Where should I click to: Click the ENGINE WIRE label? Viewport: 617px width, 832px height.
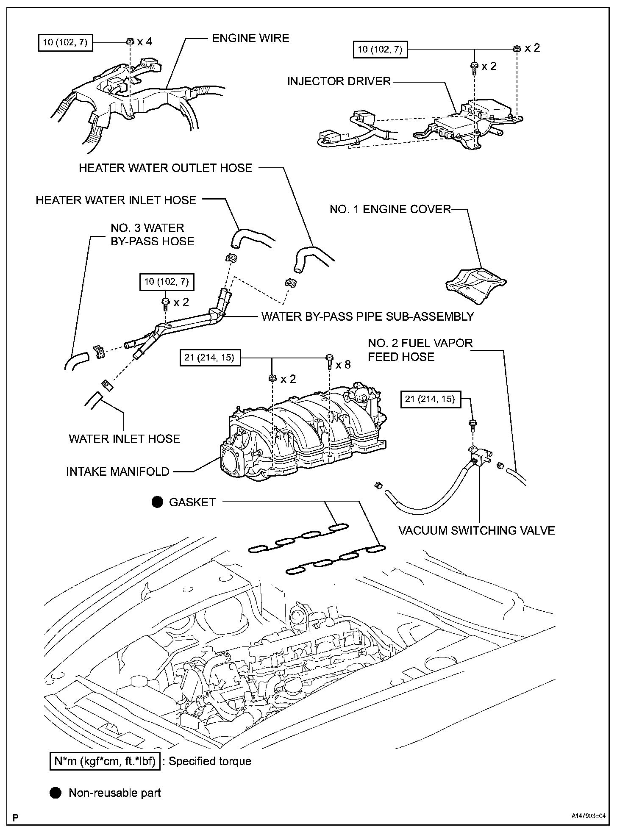(250, 38)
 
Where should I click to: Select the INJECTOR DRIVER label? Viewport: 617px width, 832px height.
(339, 81)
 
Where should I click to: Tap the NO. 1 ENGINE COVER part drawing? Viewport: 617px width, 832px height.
(475, 284)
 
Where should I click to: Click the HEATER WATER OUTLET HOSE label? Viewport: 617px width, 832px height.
(165, 168)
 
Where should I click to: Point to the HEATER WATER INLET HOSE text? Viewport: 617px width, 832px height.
(116, 200)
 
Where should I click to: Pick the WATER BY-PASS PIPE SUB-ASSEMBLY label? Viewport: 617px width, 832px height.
(367, 316)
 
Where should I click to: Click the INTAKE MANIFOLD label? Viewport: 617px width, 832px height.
(117, 471)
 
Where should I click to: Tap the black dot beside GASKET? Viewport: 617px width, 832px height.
(158, 502)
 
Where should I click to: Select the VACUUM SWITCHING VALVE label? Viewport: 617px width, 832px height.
(476, 530)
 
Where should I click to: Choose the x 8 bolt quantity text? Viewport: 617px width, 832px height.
(343, 365)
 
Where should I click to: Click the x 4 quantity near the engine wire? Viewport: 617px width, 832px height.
(145, 42)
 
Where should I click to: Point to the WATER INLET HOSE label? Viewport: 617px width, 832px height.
(125, 438)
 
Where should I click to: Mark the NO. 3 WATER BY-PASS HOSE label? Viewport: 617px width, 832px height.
(152, 235)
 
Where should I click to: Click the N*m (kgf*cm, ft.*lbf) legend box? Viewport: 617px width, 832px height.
(104, 761)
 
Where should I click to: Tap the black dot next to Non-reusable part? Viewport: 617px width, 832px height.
(56, 793)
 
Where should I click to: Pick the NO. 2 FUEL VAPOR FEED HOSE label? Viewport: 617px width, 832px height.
(420, 349)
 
